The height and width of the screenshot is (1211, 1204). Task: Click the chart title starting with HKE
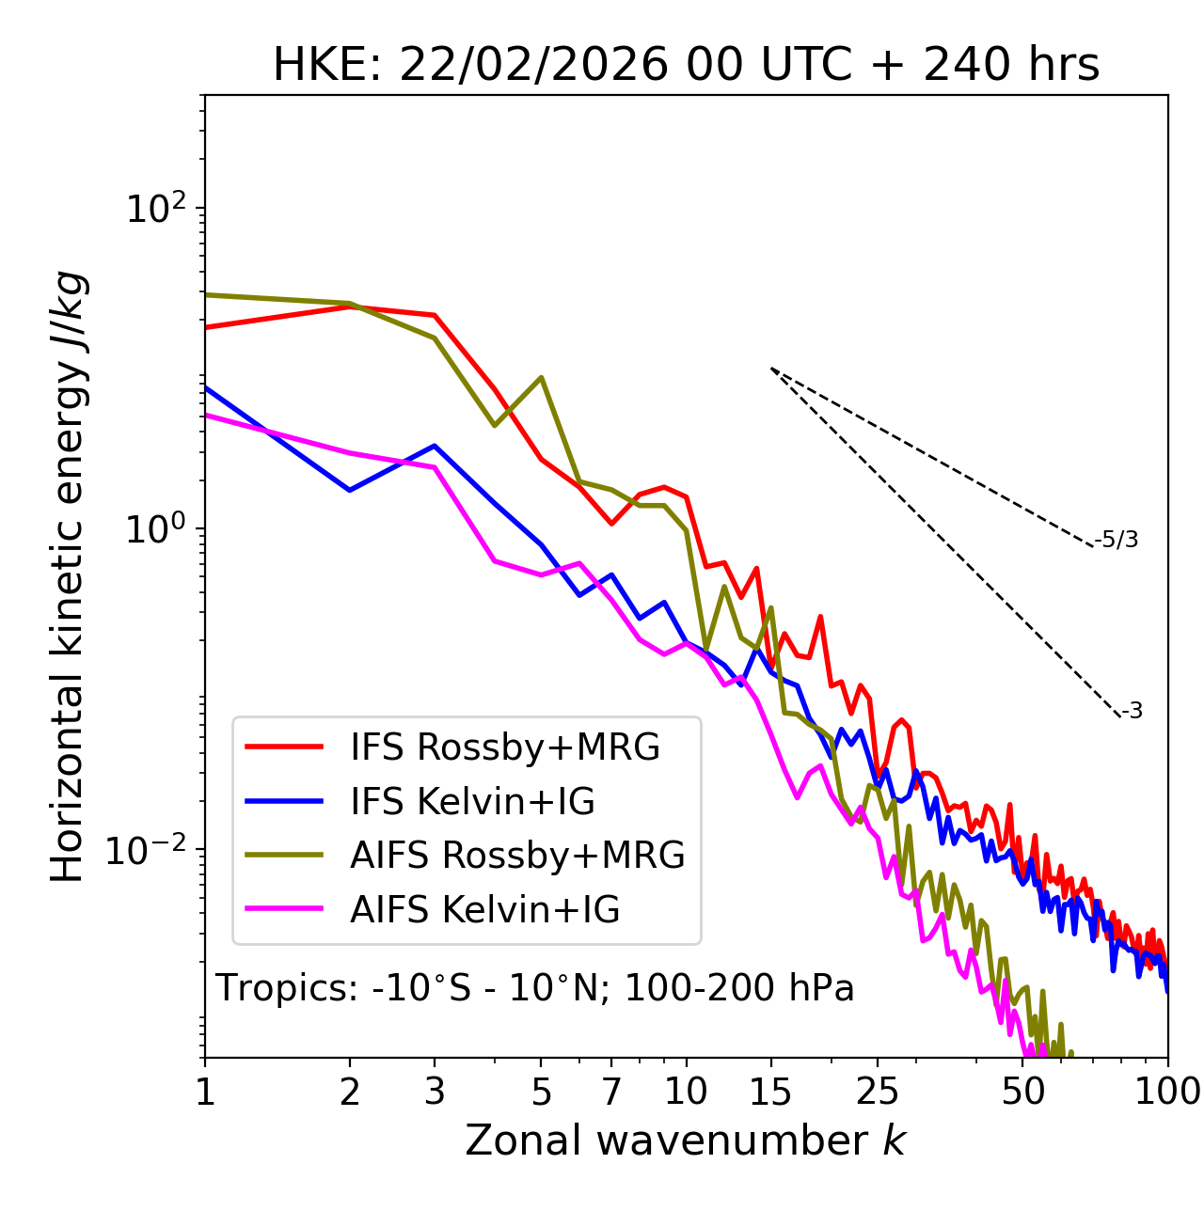pyautogui.click(x=686, y=66)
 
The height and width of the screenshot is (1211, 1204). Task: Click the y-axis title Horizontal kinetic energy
pyautogui.click(x=69, y=576)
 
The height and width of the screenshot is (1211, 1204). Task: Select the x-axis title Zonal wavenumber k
pyautogui.click(x=686, y=1140)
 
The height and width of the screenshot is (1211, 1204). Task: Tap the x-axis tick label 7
pyautogui.click(x=611, y=1092)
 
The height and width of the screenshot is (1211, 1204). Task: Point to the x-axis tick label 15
pyautogui.click(x=770, y=1092)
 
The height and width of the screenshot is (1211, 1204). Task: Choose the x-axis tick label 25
pyautogui.click(x=878, y=1092)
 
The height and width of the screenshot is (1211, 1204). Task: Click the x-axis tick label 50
pyautogui.click(x=1022, y=1092)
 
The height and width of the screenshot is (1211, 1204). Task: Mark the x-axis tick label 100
pyautogui.click(x=1167, y=1092)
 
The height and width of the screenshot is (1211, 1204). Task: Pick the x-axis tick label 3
pyautogui.click(x=435, y=1092)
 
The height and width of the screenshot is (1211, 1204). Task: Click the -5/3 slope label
pyautogui.click(x=1117, y=540)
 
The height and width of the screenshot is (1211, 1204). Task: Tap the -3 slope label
pyautogui.click(x=1133, y=712)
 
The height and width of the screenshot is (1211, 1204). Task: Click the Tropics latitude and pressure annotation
pyautogui.click(x=534, y=988)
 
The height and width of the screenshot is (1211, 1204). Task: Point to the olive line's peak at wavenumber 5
pyautogui.click(x=541, y=377)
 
